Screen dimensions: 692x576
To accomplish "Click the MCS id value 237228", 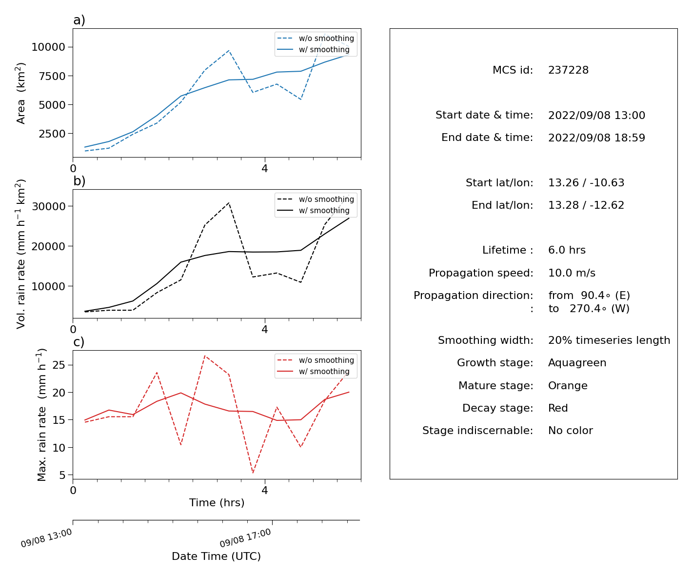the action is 568,70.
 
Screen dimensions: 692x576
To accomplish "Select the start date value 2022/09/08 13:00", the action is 596,115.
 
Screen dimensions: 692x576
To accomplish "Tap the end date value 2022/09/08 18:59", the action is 596,138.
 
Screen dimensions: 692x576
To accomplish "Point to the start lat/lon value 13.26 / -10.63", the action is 586,182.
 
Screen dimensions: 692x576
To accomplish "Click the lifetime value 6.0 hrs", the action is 567,250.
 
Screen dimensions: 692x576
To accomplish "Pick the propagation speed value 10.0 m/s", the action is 572,273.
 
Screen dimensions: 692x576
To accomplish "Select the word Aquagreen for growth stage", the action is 577,363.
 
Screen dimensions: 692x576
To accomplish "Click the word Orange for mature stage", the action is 568,385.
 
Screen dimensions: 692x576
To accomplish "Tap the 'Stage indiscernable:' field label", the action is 477,430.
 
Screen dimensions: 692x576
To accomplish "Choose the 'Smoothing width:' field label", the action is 486,340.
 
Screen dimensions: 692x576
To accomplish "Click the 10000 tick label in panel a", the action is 48,47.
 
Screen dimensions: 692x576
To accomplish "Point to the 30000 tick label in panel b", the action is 48,206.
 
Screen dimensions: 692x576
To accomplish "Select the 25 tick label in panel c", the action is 59,365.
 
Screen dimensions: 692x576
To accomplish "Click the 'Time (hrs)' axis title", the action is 217,502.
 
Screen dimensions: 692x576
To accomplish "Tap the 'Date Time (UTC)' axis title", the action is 216,556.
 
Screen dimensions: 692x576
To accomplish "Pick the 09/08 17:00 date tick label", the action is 245,537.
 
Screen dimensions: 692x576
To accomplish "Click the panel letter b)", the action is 79,181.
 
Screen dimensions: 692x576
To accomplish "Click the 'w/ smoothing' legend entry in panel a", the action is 313,49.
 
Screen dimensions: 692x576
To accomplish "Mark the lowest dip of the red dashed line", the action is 253,473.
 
